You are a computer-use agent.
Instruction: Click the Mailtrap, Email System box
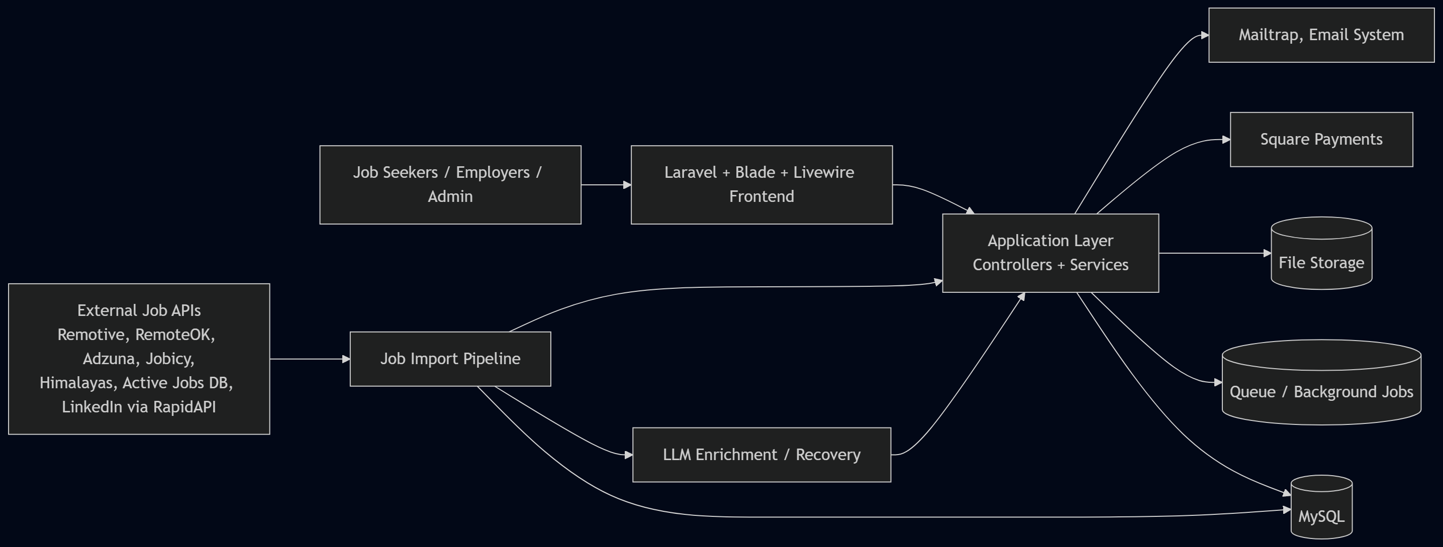coord(1321,35)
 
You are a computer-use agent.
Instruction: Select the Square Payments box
coord(1321,140)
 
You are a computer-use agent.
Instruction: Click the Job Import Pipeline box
coord(450,359)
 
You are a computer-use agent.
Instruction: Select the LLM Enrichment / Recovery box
coord(761,455)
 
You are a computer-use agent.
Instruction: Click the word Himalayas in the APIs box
coord(75,383)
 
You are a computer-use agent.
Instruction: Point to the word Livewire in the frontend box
coord(823,172)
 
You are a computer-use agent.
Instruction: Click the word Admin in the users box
coord(450,196)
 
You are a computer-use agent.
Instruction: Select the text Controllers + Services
coord(1050,265)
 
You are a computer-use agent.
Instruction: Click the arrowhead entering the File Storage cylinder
coord(1268,253)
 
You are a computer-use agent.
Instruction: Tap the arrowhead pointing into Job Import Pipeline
coord(346,359)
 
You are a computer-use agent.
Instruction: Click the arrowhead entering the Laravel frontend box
coord(627,185)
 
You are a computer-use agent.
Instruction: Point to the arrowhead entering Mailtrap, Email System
coord(1205,35)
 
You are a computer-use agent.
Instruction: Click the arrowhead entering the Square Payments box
coord(1226,140)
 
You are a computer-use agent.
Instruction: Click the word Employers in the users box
coord(493,172)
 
